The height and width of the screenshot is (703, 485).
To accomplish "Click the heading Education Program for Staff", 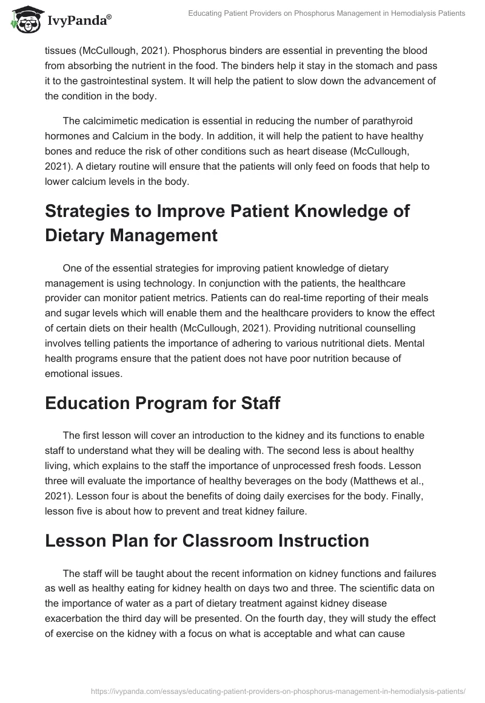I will [162, 403].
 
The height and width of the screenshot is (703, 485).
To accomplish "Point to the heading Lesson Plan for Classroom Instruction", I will [207, 540].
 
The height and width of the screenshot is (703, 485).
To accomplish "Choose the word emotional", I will [68, 374].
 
